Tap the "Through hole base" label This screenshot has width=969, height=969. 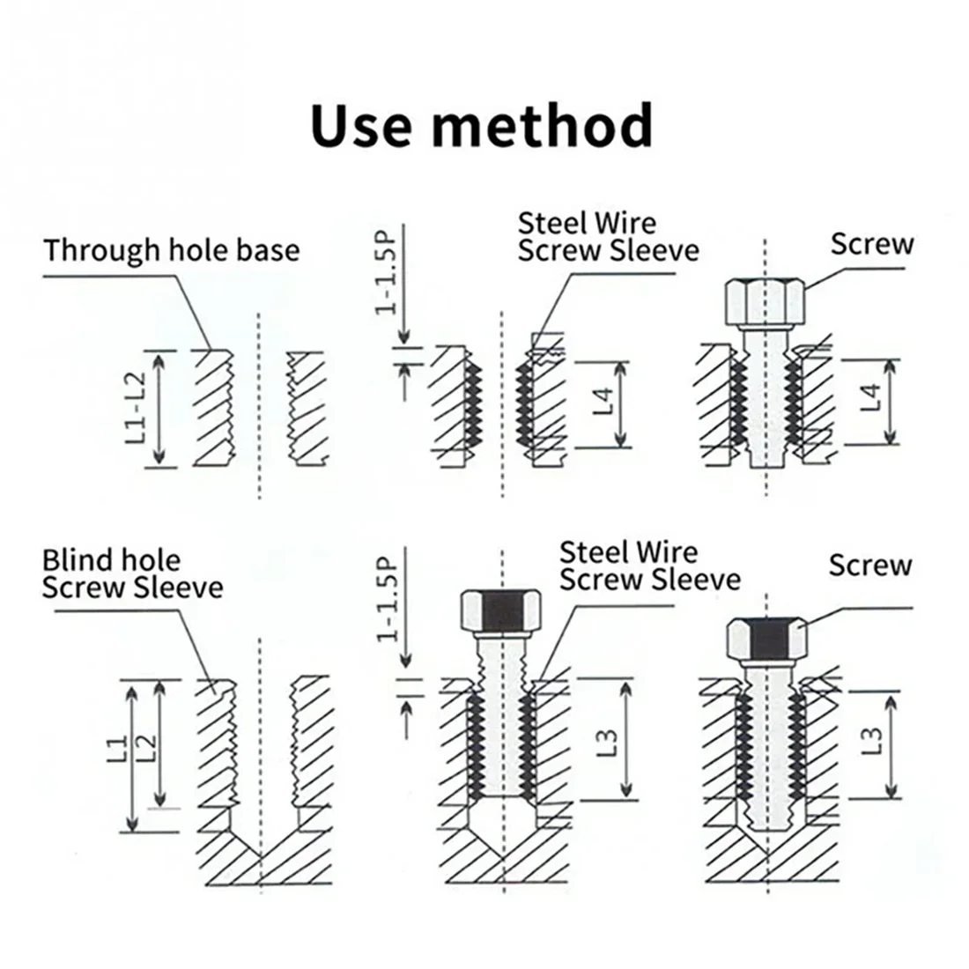pyautogui.click(x=172, y=250)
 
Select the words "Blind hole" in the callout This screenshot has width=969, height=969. pyautogui.click(x=111, y=560)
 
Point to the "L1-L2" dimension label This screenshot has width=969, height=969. pyautogui.click(x=135, y=408)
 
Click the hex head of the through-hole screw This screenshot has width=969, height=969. pyautogui.click(x=765, y=301)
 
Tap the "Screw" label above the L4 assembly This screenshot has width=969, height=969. pyautogui.click(x=871, y=244)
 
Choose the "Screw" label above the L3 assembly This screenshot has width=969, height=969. pyautogui.click(x=869, y=565)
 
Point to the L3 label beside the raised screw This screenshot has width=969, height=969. pyautogui.click(x=608, y=738)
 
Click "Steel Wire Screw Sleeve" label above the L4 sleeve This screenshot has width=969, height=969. pyautogui.click(x=608, y=236)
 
